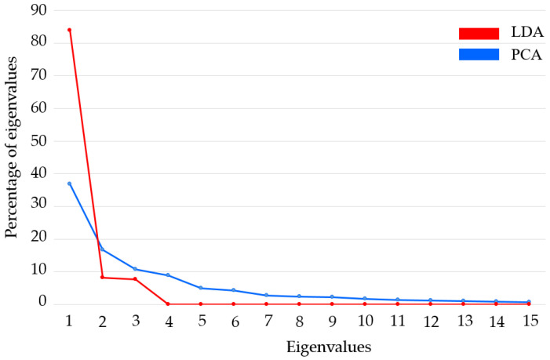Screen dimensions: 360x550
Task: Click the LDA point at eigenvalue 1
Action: coord(69,30)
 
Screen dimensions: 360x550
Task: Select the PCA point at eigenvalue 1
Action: coord(69,184)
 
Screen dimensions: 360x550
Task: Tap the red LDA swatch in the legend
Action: coord(479,33)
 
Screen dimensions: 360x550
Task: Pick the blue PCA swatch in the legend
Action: coord(479,54)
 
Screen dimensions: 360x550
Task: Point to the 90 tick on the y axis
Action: coord(37,10)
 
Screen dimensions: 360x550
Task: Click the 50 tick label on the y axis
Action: coord(37,141)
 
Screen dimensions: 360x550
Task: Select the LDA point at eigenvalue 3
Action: coord(135,279)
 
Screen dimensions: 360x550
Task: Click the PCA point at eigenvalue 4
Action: coord(168,275)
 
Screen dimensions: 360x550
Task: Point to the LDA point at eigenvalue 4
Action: coord(168,304)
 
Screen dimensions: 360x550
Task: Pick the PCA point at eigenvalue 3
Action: coord(135,269)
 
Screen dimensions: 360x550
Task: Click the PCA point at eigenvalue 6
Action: coord(233,290)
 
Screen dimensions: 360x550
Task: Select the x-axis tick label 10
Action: coord(364,322)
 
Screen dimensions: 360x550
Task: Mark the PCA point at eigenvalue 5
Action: coord(200,288)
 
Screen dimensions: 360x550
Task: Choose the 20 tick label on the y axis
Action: coord(37,238)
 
